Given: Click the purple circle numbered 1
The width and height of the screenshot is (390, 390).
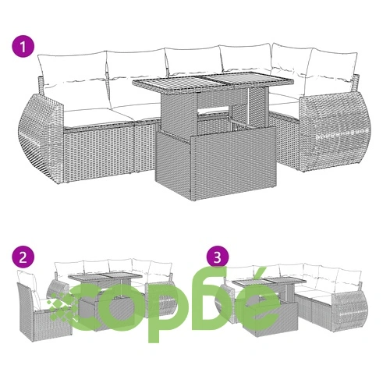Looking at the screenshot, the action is (x=23, y=48).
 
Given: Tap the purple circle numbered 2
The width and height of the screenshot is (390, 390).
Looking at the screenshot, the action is (x=23, y=257).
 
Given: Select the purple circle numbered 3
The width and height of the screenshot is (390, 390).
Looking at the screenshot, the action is (x=218, y=257).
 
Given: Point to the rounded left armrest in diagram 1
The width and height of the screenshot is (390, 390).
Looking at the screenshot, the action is (x=41, y=138).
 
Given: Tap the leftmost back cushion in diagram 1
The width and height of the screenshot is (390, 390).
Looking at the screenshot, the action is (x=72, y=69).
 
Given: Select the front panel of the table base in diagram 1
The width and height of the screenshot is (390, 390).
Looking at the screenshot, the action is (x=233, y=162).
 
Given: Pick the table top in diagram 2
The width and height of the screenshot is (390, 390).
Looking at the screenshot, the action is (x=105, y=278).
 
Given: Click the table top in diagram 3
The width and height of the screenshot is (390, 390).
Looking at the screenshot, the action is (x=269, y=281).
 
